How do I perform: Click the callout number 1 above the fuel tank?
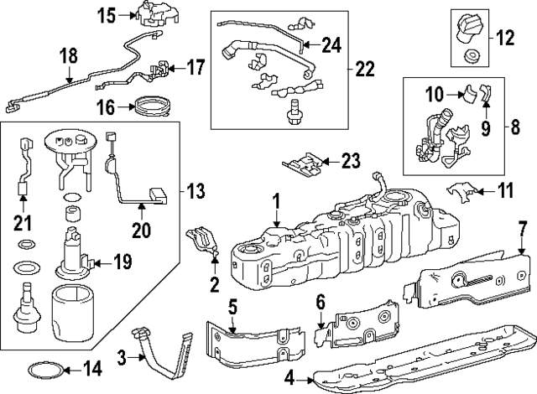point(275,201)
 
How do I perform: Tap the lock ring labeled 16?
point(152,106)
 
